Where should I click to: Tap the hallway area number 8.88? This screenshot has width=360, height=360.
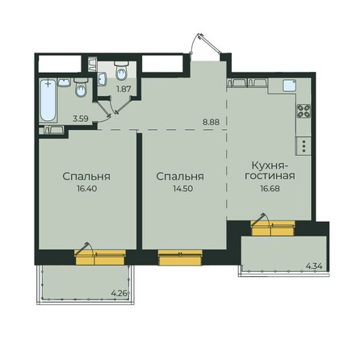[211, 122]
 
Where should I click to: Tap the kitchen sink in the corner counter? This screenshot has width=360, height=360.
[235, 82]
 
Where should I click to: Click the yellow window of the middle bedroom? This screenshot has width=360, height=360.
[174, 258]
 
